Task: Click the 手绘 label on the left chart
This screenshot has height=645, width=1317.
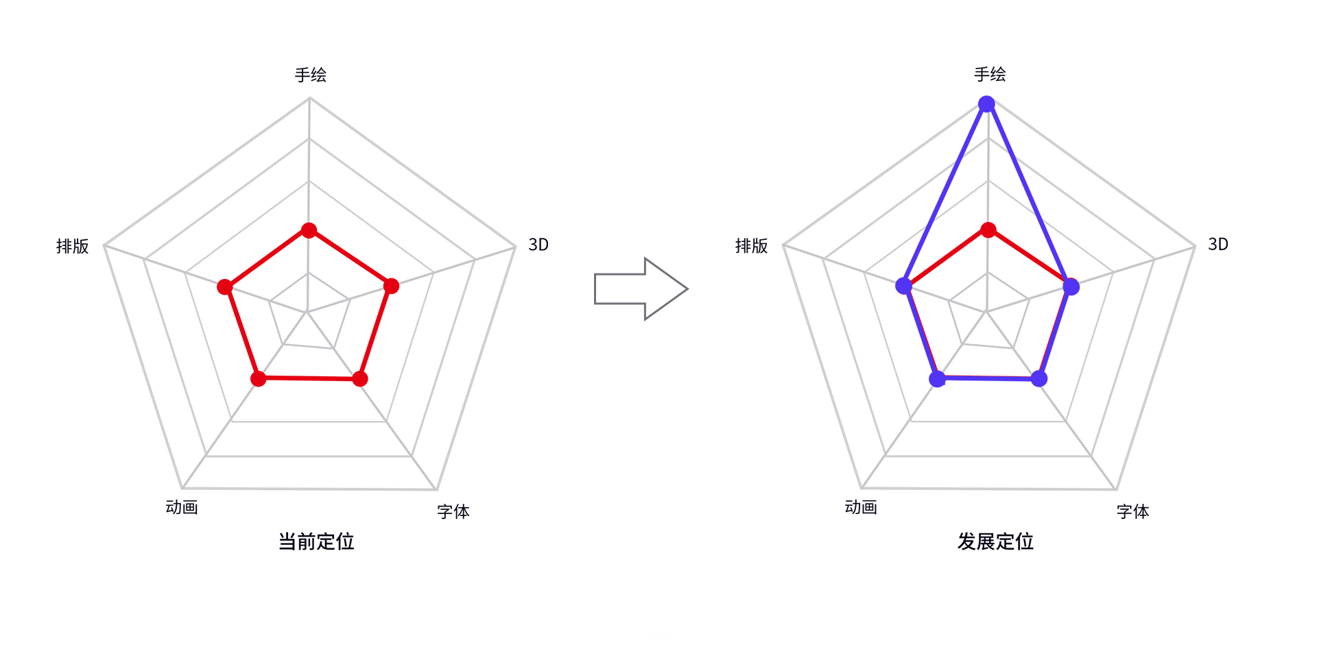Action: [x=310, y=75]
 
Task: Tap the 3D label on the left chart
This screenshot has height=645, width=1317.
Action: [x=538, y=245]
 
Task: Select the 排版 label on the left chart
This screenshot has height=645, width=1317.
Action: [x=73, y=246]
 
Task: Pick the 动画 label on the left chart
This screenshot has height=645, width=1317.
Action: [x=182, y=507]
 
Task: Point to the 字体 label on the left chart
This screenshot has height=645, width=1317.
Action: [x=453, y=511]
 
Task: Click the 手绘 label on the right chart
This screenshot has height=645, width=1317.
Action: [x=990, y=74]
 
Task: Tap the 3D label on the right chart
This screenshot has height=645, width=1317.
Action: [x=1218, y=244]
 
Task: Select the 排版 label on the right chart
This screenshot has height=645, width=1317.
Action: [x=752, y=246]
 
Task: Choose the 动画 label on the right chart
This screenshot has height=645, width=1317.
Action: [x=861, y=507]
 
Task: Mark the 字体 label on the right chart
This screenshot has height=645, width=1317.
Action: [x=1132, y=511]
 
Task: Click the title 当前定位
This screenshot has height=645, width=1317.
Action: [x=316, y=541]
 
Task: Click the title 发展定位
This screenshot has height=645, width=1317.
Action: [x=995, y=541]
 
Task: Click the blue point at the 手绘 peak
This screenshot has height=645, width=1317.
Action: [x=986, y=104]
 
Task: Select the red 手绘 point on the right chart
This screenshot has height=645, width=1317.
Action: [x=988, y=230]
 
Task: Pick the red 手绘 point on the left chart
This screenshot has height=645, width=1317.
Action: [x=309, y=230]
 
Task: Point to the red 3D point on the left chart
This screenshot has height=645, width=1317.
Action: [x=391, y=286]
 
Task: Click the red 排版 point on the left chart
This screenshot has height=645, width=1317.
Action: [x=224, y=287]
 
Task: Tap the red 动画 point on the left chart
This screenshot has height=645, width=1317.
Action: [x=258, y=378]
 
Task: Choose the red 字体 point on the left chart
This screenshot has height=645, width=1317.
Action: [x=360, y=378]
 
